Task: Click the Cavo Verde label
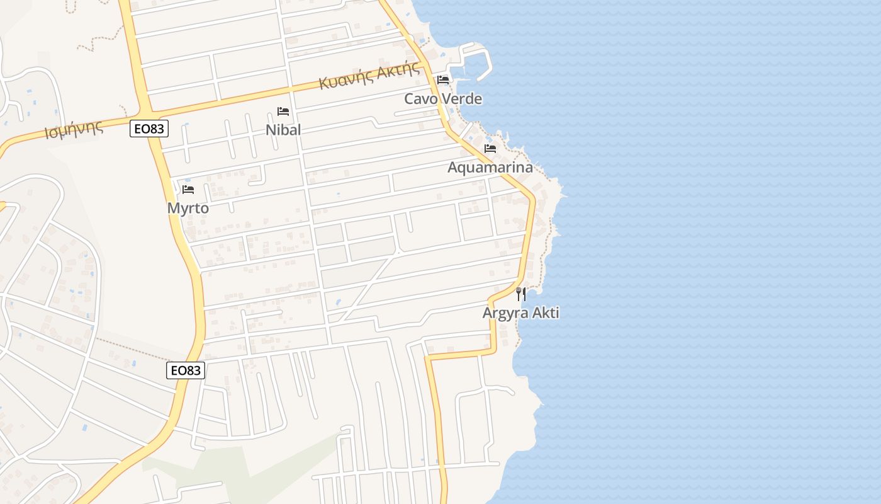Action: click(x=443, y=99)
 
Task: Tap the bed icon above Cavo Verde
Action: click(x=443, y=80)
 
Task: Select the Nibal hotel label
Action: click(x=283, y=130)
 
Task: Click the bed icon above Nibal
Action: click(x=283, y=112)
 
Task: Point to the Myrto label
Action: click(x=188, y=208)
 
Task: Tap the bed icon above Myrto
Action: click(x=188, y=189)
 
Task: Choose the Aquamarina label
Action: click(x=490, y=167)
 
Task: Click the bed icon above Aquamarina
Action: click(x=490, y=149)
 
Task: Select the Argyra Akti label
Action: click(x=520, y=312)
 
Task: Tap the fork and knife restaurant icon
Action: click(x=520, y=294)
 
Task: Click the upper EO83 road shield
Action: click(x=150, y=129)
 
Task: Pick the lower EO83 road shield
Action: click(x=186, y=370)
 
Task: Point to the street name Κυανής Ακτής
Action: click(x=369, y=75)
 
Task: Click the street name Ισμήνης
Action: click(x=74, y=130)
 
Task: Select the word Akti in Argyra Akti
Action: click(x=546, y=312)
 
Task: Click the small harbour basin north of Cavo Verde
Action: click(x=475, y=63)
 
